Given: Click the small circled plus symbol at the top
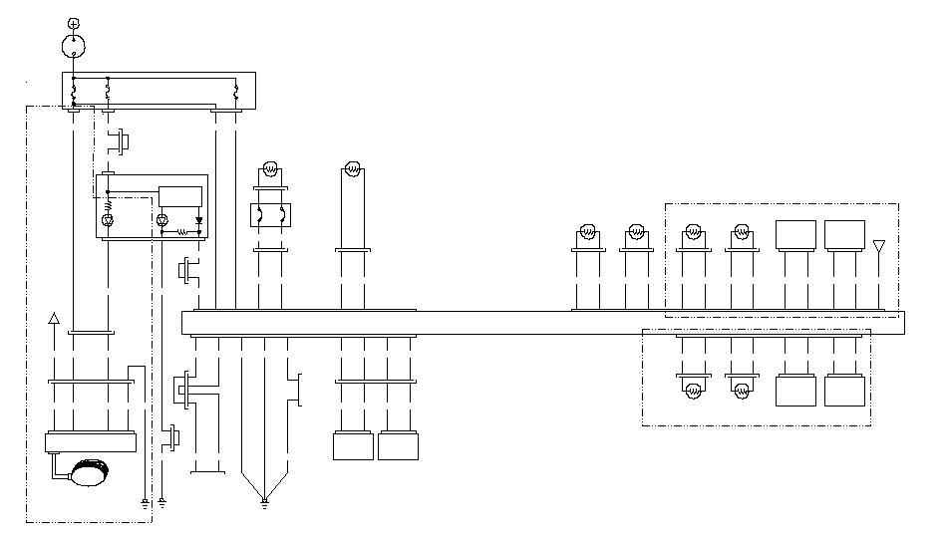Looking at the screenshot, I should pyautogui.click(x=72, y=22).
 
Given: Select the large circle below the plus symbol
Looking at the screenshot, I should pyautogui.click(x=72, y=45).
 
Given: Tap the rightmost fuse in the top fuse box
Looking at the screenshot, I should pyautogui.click(x=235, y=94).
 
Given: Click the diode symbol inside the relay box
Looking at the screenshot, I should pyautogui.click(x=198, y=218).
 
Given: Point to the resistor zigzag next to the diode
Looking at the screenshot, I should pyautogui.click(x=182, y=231).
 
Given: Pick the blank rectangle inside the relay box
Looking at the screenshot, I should pyautogui.click(x=179, y=195).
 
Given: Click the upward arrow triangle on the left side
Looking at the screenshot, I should pyautogui.click(x=54, y=318).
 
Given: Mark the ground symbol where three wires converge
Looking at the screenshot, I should pyautogui.click(x=264, y=501).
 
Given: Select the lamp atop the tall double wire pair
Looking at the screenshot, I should pyautogui.click(x=352, y=168).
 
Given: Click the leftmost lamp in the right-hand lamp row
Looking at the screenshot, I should pyautogui.click(x=587, y=234).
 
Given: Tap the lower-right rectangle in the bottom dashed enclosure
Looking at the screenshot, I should pyautogui.click(x=844, y=390).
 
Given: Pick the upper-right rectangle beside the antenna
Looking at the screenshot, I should pyautogui.click(x=844, y=235).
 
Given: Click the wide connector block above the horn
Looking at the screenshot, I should pyautogui.click(x=90, y=442).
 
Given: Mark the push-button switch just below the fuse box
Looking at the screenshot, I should pyautogui.click(x=122, y=140).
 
